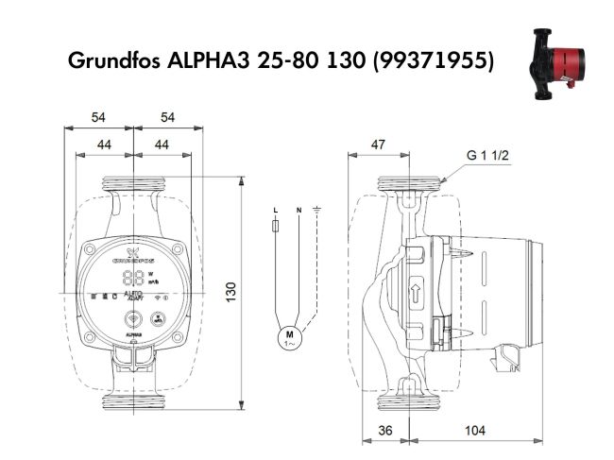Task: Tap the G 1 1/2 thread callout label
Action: [x=488, y=155]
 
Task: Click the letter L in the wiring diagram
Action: [x=274, y=208]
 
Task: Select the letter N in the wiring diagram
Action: [x=298, y=208]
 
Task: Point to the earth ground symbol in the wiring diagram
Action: [x=318, y=208]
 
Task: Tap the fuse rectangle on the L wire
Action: [x=274, y=227]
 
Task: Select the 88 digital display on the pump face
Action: [x=133, y=279]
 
